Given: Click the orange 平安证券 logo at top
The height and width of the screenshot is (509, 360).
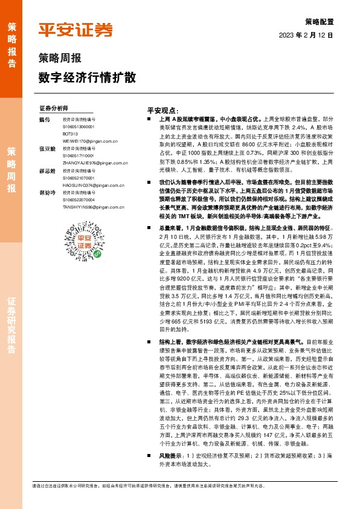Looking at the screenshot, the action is click(76, 30).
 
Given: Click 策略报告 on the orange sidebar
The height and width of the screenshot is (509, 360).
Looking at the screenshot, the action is click(12, 42).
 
